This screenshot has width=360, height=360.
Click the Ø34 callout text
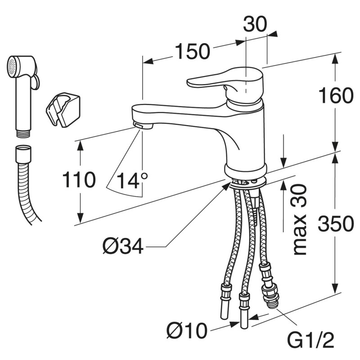coord(122,246)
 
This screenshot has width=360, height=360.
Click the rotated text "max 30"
coord(300,220)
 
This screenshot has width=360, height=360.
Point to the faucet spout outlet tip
coord(144,125)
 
